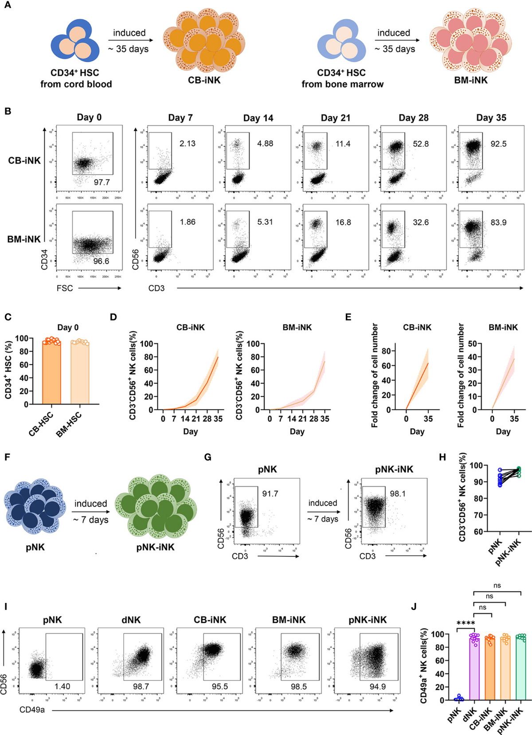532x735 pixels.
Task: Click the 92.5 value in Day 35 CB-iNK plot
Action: (x=498, y=144)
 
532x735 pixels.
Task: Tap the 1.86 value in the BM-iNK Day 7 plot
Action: (x=188, y=222)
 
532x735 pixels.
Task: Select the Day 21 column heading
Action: (x=336, y=118)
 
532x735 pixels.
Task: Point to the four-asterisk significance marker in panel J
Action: (x=465, y=623)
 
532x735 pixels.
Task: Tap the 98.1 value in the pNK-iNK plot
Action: (x=398, y=493)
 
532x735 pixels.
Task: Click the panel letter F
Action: (x=7, y=457)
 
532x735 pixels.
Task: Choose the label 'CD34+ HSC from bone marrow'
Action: (x=342, y=78)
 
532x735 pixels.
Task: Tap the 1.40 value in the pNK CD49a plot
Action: (x=62, y=686)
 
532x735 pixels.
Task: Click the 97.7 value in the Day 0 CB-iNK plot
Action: (x=102, y=182)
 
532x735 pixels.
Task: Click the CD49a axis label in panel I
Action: (x=32, y=710)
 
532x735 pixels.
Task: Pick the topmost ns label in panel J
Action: (x=497, y=586)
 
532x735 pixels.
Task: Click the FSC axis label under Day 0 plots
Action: (x=65, y=288)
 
